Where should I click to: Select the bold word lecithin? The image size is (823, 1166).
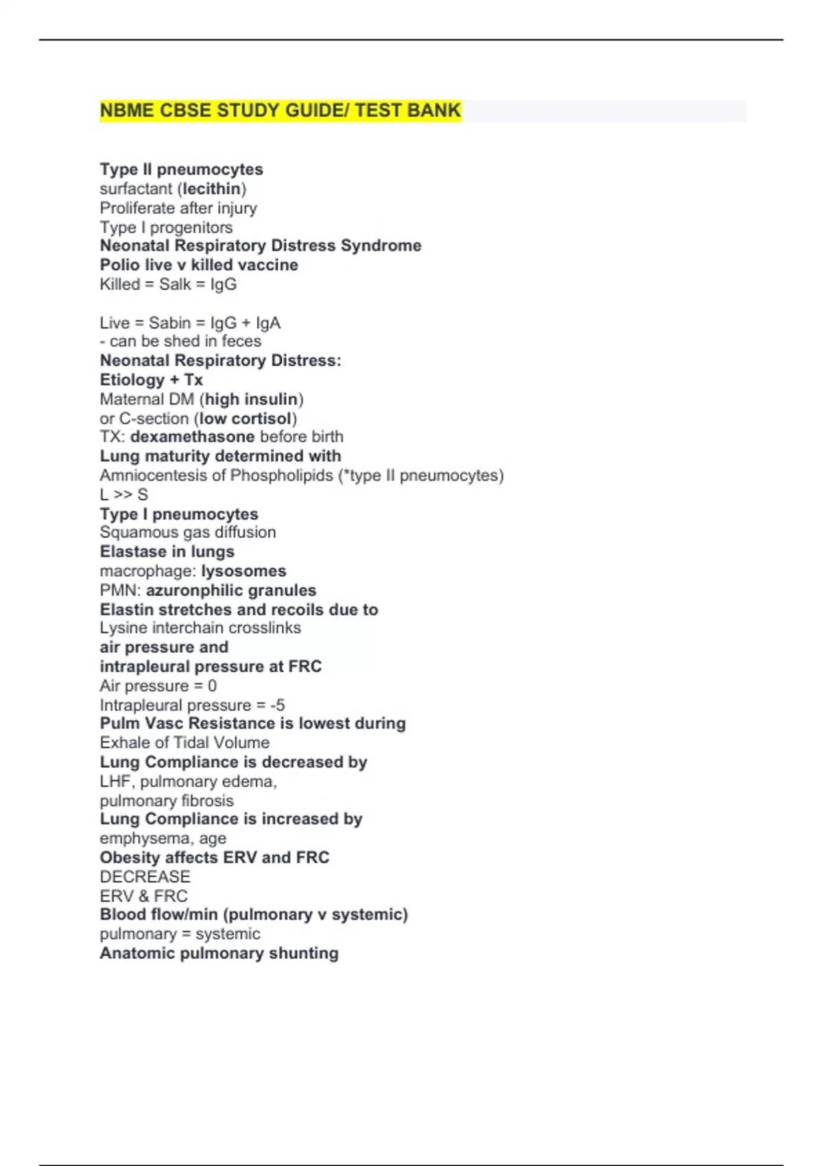click(x=212, y=189)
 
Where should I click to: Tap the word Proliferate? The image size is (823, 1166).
click(x=134, y=208)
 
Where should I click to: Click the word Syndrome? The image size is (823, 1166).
click(x=381, y=246)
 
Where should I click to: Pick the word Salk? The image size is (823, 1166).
click(x=175, y=284)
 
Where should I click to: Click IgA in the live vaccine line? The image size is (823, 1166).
click(x=268, y=322)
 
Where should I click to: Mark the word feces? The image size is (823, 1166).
click(x=241, y=341)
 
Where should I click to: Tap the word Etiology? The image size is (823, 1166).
click(x=132, y=379)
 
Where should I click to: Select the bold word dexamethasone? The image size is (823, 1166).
click(x=193, y=436)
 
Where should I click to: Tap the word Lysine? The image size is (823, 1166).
click(x=122, y=628)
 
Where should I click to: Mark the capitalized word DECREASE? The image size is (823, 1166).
click(x=145, y=877)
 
